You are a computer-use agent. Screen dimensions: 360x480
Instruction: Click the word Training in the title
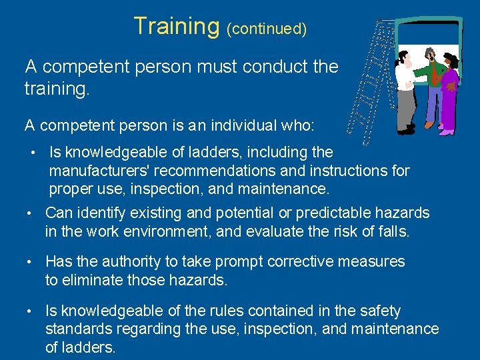coord(176,26)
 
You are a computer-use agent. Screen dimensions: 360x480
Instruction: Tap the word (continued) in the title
coord(267,29)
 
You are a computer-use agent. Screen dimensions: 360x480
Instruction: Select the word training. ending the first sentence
coord(56,87)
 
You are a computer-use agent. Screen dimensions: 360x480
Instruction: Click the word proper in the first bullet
coord(70,189)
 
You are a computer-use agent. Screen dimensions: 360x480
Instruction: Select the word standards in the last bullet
coord(77,329)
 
